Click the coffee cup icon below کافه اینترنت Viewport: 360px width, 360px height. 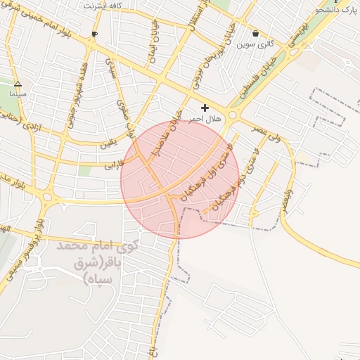tap(95, 34)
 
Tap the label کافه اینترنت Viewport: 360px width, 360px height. tap(103, 6)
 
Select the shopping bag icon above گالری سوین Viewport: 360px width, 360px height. tap(255, 33)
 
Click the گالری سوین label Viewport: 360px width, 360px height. tap(254, 44)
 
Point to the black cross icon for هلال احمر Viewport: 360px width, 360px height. tap(205, 108)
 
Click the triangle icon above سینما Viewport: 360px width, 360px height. tap(18, 84)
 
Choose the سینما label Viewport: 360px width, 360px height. tap(18, 93)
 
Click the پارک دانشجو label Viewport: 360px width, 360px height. tap(337, 10)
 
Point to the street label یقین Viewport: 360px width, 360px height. tap(106, 145)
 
